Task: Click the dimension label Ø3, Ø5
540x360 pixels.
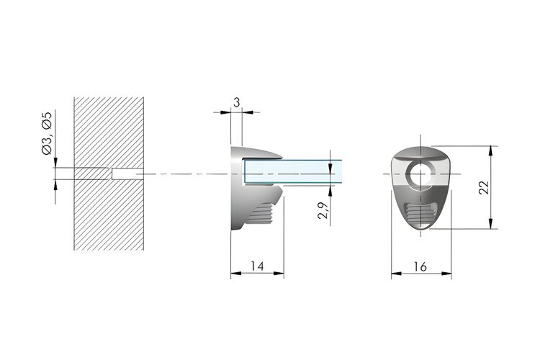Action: tap(47, 133)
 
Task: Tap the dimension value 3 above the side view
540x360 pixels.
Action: tap(237, 103)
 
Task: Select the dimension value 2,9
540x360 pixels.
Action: tap(323, 211)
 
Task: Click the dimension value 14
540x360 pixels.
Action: tap(257, 266)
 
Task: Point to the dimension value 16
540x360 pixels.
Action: tap(420, 266)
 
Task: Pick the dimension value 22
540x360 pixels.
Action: tap(484, 187)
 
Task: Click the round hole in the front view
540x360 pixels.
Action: tap(420, 174)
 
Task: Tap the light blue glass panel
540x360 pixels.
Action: tap(293, 171)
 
